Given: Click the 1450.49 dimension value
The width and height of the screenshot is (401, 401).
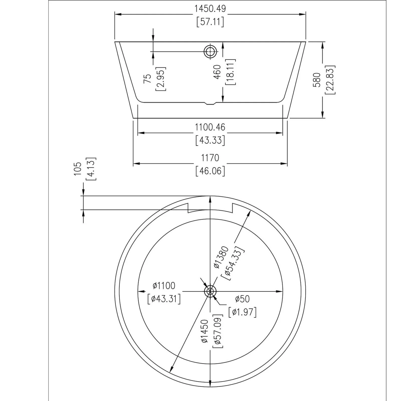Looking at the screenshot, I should tap(210, 9).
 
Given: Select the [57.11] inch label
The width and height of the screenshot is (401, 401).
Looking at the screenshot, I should tap(210, 22).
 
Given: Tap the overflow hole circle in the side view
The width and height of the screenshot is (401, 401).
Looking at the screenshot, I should tap(210, 52).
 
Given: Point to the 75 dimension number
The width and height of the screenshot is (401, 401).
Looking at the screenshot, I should tap(147, 79).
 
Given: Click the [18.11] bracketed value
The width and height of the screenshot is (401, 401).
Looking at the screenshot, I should tap(231, 72).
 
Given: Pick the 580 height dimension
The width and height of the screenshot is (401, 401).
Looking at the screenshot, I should tap(317, 80).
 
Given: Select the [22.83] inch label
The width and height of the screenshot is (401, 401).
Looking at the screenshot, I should tap(330, 80).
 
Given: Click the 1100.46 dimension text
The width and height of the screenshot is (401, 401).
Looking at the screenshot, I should tap(210, 127).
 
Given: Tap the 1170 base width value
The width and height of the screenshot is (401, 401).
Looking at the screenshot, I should tap(210, 158).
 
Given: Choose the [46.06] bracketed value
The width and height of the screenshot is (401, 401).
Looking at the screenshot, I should tap(210, 171).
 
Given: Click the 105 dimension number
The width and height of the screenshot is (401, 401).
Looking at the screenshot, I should tap(78, 168).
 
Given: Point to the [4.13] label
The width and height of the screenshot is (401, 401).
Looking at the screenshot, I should tap(91, 169).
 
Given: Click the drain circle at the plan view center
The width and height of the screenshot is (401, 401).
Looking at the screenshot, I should tap(210, 291).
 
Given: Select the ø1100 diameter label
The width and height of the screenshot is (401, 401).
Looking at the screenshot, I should tap(164, 285).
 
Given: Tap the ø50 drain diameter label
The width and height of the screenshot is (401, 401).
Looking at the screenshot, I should tap(242, 299).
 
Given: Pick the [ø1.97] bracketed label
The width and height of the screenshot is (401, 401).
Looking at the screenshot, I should tap(242, 312).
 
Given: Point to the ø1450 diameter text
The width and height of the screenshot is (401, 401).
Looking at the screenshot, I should tap(205, 331).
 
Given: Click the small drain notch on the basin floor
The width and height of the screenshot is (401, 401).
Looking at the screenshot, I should tap(210, 103).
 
